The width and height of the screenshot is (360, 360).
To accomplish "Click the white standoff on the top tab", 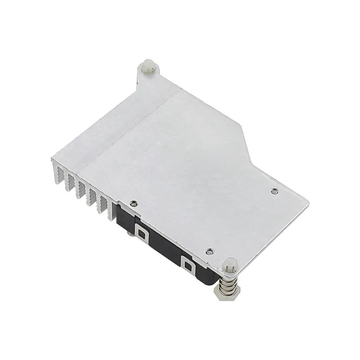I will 148,67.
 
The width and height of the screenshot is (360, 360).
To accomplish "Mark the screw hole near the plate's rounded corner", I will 274,191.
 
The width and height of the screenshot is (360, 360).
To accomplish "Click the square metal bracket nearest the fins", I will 141,234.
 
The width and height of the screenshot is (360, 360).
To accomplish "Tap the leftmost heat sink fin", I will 58,174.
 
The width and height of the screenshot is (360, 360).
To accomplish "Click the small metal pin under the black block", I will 130,233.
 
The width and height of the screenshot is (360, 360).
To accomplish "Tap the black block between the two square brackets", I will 164,245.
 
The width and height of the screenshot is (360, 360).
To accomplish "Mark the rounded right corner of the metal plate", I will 306,203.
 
